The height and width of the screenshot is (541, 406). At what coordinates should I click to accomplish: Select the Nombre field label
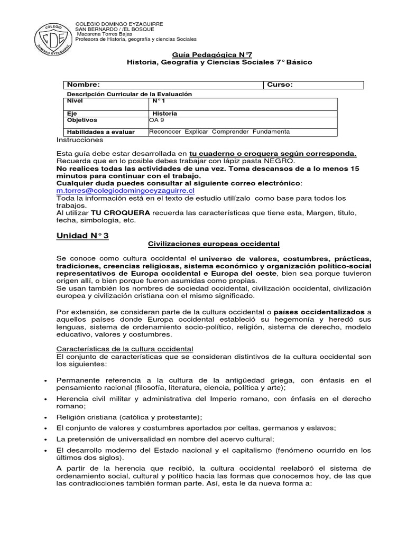click(83, 85)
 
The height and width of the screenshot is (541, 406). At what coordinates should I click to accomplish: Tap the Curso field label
click(280, 85)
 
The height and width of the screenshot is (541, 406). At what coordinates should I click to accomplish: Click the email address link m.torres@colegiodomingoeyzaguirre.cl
click(126, 190)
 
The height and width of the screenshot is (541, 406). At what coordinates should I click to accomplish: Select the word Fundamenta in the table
click(271, 131)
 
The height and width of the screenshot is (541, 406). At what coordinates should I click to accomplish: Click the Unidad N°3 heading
click(82, 236)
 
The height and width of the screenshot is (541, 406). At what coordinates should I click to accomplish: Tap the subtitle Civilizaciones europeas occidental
click(213, 244)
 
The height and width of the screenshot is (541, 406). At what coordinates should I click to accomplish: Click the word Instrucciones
click(80, 140)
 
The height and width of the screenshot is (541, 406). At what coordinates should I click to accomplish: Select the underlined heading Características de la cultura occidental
click(125, 349)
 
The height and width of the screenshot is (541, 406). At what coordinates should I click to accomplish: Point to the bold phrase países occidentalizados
click(322, 312)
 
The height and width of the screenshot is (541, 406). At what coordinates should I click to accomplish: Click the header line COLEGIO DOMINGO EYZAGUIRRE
click(119, 24)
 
